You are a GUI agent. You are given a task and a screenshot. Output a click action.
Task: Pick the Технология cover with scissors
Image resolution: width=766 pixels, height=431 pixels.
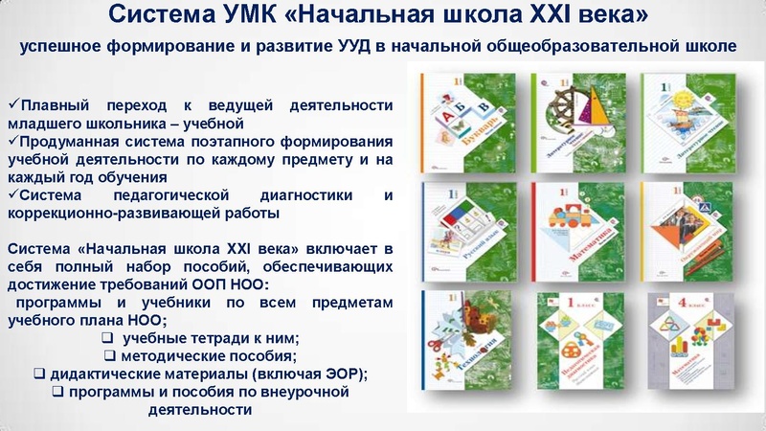[468, 345]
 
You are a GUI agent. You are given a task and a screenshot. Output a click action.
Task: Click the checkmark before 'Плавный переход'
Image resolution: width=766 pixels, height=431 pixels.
[12, 104]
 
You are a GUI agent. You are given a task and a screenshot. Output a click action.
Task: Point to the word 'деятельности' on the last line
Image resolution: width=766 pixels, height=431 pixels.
[201, 409]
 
